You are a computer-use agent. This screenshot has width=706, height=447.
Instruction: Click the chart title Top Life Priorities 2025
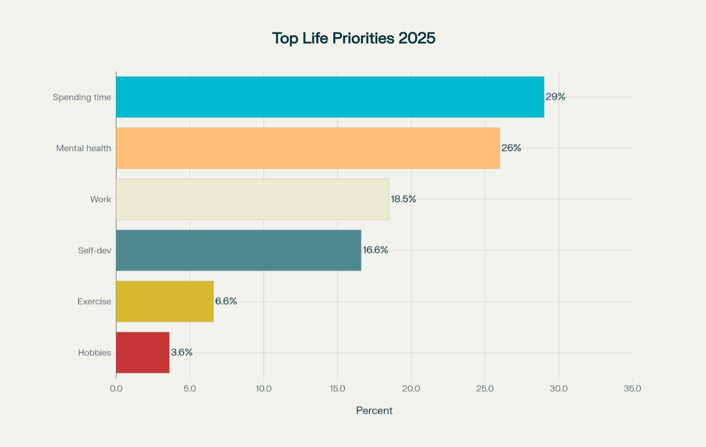pyautogui.click(x=353, y=38)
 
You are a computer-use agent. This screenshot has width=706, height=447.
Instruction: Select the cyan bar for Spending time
pyautogui.click(x=330, y=97)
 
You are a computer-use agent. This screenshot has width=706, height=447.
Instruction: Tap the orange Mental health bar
pyautogui.click(x=308, y=148)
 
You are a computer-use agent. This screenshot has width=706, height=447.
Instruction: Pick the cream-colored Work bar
pyautogui.click(x=252, y=199)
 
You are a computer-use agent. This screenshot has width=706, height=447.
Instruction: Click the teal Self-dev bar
pyautogui.click(x=238, y=250)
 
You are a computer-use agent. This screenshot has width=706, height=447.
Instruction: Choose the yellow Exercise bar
pyautogui.click(x=165, y=301)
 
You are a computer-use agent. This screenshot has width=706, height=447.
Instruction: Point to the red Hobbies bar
pyautogui.click(x=143, y=352)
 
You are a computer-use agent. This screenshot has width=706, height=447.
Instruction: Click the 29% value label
pyautogui.click(x=555, y=97)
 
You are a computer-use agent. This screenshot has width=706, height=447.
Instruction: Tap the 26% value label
pyautogui.click(x=511, y=148)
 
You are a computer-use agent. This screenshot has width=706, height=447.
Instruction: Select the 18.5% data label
pyautogui.click(x=403, y=199)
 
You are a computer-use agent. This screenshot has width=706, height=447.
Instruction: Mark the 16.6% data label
pyautogui.click(x=375, y=250)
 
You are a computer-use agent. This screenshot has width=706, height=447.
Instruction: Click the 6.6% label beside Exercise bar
pyautogui.click(x=226, y=301)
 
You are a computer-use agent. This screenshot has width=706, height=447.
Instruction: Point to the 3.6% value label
pyautogui.click(x=181, y=352)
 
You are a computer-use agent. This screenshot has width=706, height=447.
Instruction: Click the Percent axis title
pyautogui.click(x=374, y=411)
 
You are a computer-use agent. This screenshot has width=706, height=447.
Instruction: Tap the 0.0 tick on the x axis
pyautogui.click(x=116, y=389)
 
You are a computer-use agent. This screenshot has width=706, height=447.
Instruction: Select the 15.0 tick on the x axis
pyautogui.click(x=337, y=389)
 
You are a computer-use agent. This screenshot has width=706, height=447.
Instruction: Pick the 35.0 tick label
pyautogui.click(x=632, y=389)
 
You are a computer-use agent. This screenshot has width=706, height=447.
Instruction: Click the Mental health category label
pyautogui.click(x=83, y=148)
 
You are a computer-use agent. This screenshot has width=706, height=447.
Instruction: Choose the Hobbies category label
pyautogui.click(x=94, y=352)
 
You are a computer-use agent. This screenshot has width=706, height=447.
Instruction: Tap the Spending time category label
pyautogui.click(x=82, y=97)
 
